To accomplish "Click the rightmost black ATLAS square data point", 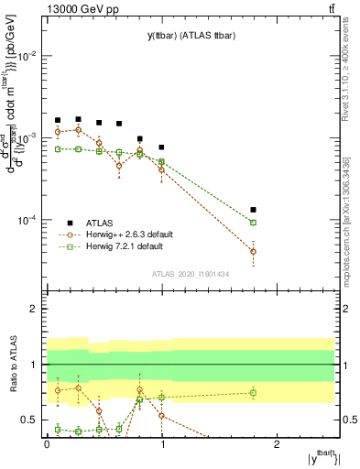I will tap(254, 210).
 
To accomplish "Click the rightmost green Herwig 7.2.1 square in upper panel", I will tap(254, 223).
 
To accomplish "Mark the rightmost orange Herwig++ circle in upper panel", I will tap(254, 251).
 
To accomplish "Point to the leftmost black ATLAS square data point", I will tap(58, 120).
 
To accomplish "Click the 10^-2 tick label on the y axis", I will tap(27, 56).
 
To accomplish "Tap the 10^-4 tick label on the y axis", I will tap(27, 221).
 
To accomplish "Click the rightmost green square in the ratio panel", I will tap(254, 393).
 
